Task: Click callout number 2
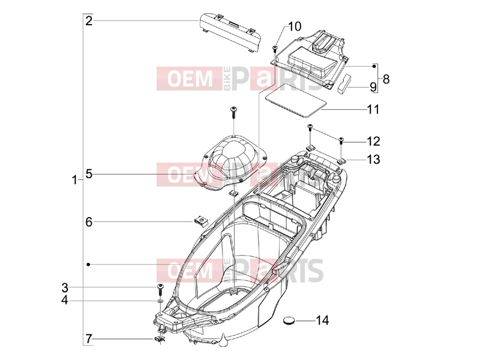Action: click(x=89, y=21)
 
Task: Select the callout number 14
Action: click(x=322, y=320)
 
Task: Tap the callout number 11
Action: click(x=373, y=109)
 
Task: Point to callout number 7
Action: click(x=89, y=339)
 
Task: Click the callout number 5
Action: click(x=89, y=174)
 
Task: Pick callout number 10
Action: click(x=295, y=26)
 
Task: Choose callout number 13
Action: click(x=373, y=159)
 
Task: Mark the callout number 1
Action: click(x=74, y=180)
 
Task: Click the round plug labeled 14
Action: click(x=289, y=320)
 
